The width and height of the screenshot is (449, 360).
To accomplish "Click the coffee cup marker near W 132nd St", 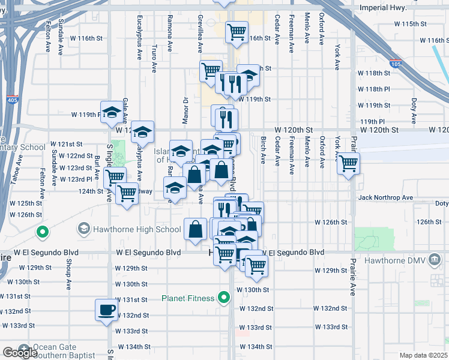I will (107, 310).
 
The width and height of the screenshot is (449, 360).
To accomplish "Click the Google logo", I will (19, 352).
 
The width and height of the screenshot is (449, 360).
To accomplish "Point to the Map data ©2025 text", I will (424, 355).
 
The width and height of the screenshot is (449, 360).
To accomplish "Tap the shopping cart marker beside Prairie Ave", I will (348, 163).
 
